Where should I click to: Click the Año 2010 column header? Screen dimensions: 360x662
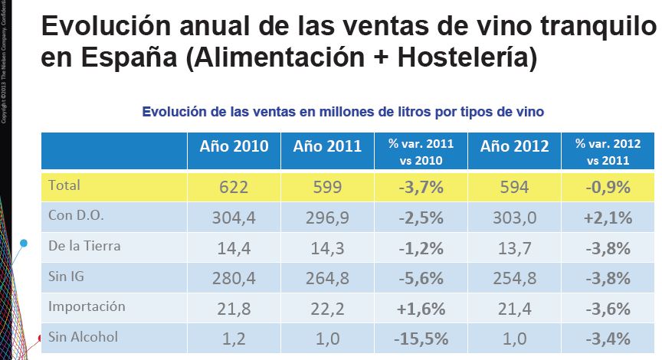tap(234, 147)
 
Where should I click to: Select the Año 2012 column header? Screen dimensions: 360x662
tap(515, 147)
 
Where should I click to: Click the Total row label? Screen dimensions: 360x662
tap(64, 185)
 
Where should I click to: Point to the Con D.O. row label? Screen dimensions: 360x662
tap(76, 216)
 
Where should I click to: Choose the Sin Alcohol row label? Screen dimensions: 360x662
tap(81, 337)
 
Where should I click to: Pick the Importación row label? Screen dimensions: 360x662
tap(87, 306)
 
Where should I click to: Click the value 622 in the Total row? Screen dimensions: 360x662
tap(234, 186)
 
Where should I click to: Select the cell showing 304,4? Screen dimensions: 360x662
tap(234, 217)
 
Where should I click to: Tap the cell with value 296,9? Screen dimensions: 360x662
tap(327, 217)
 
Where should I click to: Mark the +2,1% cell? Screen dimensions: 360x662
tap(608, 217)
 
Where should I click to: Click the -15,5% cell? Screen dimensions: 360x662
tap(421, 338)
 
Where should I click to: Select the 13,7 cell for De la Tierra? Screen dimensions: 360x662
tap(515, 247)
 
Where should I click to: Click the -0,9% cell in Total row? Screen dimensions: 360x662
tap(608, 186)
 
